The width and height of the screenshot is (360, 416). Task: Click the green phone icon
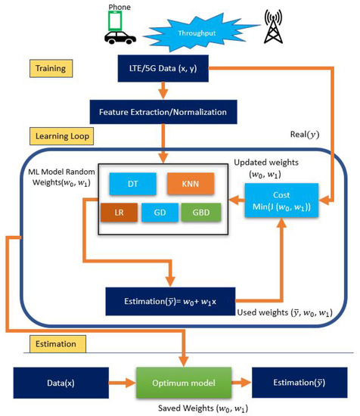115,21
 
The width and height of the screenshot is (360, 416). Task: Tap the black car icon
120,38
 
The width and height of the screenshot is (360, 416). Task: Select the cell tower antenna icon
273,27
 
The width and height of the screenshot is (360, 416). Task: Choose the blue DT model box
132,184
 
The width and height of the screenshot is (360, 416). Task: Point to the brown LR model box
119,213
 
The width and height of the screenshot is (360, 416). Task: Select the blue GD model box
160,213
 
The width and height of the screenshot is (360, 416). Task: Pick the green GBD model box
200,213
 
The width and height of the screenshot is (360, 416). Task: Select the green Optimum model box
182,382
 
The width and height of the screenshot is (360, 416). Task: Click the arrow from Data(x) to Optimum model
114,382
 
